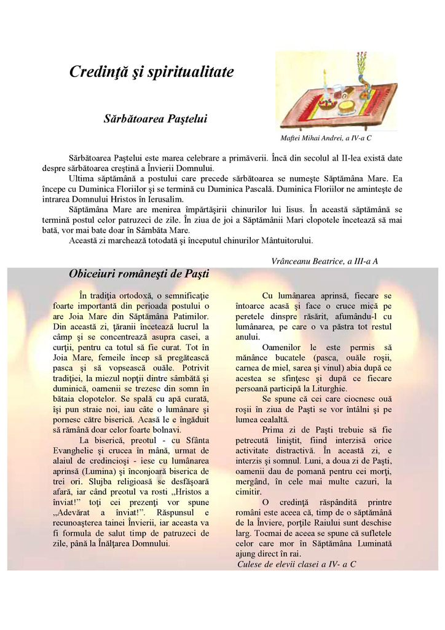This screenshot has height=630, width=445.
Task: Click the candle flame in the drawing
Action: coord(324,73)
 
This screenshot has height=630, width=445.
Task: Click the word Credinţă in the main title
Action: coord(97,72)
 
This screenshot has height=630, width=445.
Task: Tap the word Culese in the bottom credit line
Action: coord(250,564)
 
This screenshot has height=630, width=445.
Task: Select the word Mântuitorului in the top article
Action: coord(285,240)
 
